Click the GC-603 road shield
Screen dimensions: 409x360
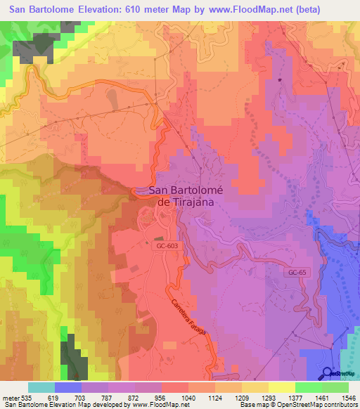[x=160, y=246]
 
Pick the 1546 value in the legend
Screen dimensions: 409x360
[x=347, y=397]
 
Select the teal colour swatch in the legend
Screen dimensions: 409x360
[x=41, y=387]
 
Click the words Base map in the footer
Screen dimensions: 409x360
[x=252, y=405]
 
